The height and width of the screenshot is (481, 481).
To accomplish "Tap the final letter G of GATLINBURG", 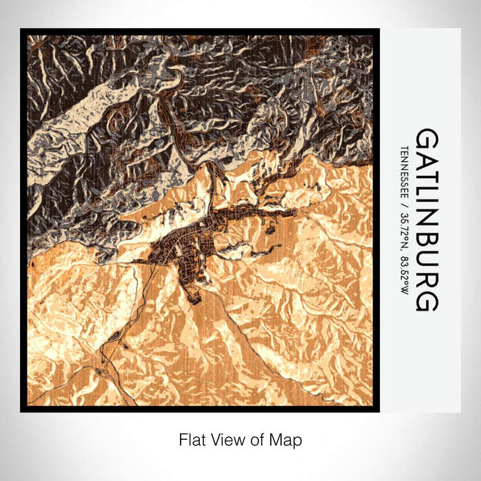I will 426,301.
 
